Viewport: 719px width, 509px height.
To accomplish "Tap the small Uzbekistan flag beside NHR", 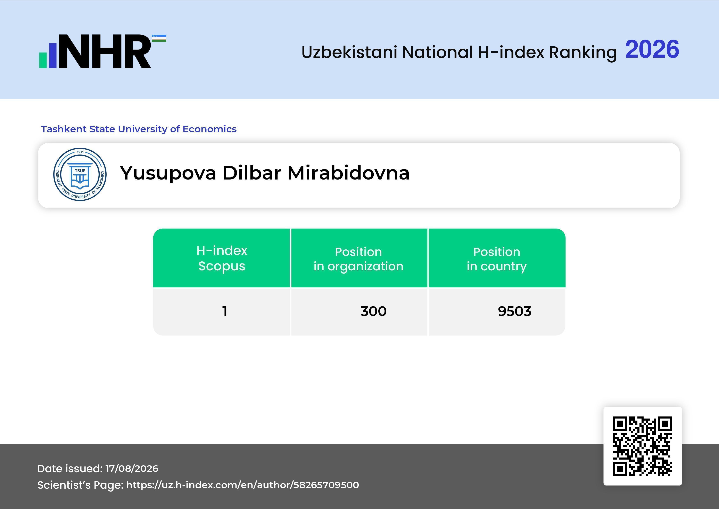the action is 159,38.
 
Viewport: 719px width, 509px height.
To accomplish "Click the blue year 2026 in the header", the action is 652,49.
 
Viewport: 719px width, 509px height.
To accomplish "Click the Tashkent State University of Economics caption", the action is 139,129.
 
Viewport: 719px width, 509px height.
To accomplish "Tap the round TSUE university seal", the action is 80,174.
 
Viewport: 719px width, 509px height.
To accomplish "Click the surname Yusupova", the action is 168,173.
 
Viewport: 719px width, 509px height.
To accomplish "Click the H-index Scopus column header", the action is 222,258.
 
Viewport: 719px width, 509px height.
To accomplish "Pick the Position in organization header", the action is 358,259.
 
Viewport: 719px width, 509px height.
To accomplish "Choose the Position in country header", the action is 497,259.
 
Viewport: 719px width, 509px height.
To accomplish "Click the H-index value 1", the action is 224,311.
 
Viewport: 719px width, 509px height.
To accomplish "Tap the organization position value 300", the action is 374,311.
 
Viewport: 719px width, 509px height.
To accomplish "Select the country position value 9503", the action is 514,311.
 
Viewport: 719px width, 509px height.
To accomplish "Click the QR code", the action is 643,446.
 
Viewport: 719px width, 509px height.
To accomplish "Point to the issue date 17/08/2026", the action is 132,469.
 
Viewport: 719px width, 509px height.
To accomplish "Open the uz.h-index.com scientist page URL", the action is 242,485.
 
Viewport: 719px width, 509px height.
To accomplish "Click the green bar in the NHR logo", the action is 43,60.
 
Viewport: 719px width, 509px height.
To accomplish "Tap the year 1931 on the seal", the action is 80,152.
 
